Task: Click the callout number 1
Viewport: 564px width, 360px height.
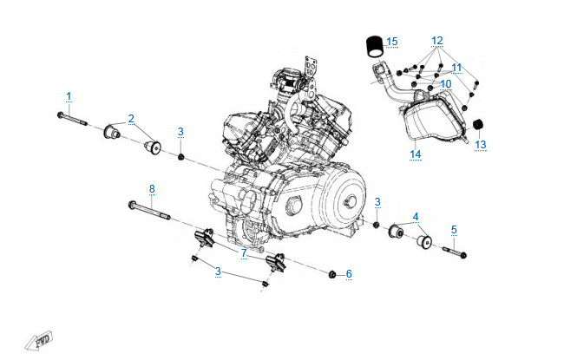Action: tap(69, 95)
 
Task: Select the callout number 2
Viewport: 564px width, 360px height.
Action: tap(131, 118)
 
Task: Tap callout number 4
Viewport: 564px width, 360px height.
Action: tap(416, 216)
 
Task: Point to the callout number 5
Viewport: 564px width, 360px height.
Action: tap(454, 230)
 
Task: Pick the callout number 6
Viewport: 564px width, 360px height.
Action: tap(349, 274)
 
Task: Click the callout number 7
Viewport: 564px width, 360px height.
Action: tap(245, 252)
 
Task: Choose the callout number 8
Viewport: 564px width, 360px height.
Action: tap(152, 188)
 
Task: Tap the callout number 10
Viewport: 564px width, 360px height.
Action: tap(445, 85)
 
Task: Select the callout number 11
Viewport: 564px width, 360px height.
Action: tap(456, 67)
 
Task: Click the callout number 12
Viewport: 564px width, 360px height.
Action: tap(437, 41)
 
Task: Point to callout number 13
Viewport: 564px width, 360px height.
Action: tap(480, 144)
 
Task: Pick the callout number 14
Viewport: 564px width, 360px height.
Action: tap(416, 154)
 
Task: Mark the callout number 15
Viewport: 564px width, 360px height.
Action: tap(392, 41)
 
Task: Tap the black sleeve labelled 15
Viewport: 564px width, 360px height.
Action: tap(374, 43)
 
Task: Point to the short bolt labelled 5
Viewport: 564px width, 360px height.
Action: tap(456, 253)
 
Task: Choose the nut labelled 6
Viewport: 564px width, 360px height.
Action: tap(333, 274)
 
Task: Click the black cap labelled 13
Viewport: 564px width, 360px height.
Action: tap(477, 127)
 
